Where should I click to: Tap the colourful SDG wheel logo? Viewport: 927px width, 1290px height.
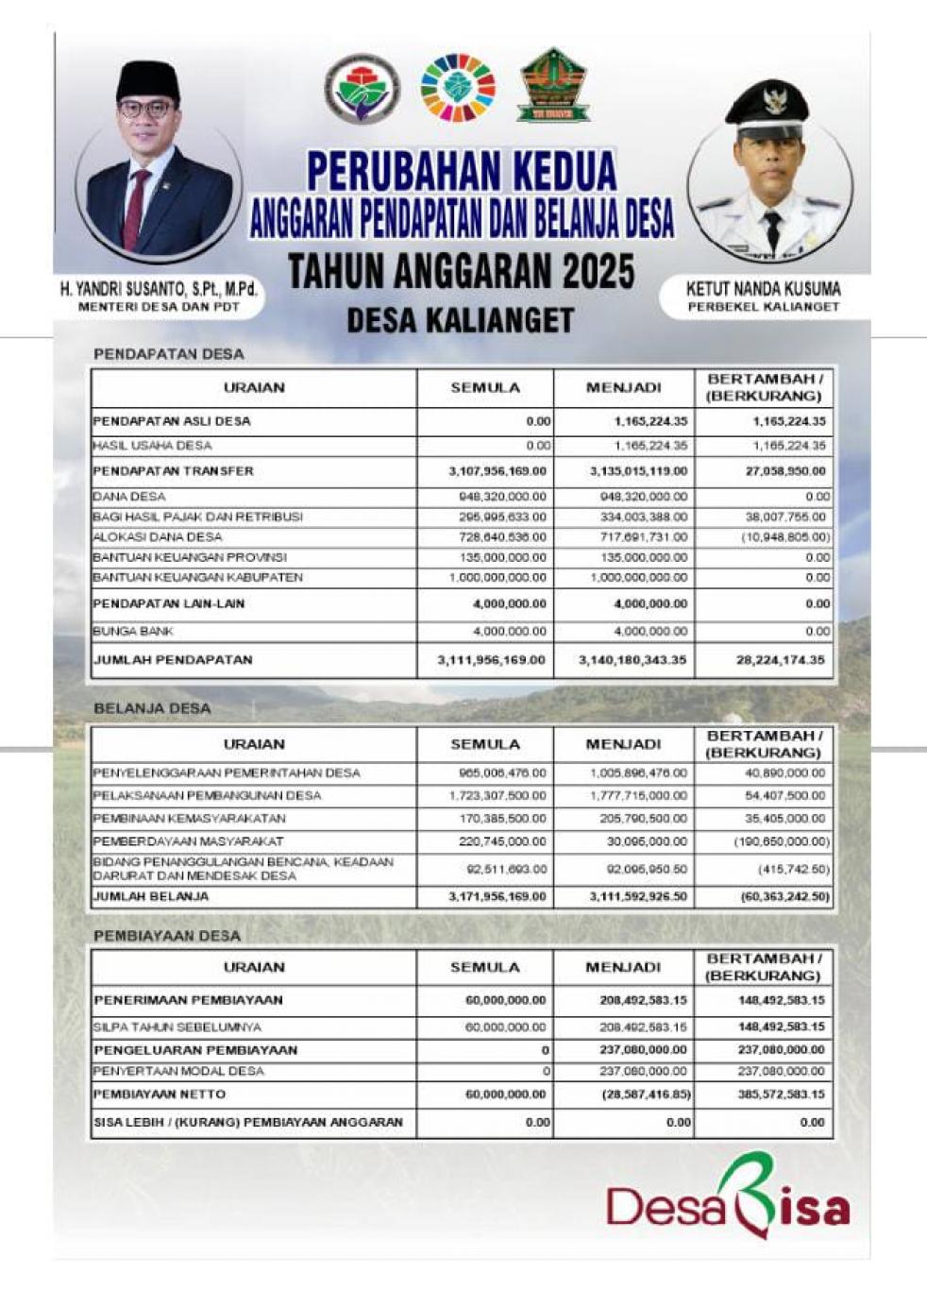458,88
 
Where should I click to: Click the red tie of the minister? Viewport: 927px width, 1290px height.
135,208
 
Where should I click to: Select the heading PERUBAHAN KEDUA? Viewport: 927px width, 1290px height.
462,171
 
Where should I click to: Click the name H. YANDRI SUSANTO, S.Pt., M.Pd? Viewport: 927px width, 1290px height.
159,290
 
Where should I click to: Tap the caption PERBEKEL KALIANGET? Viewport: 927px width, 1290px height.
763,307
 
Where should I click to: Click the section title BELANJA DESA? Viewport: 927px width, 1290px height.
152,708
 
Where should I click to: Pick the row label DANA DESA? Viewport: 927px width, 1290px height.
129,496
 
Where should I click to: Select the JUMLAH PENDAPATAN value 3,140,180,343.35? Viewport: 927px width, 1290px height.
632,660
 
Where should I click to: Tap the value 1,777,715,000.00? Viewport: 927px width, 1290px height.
638,796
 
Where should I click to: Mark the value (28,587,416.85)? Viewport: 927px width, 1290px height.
646,1095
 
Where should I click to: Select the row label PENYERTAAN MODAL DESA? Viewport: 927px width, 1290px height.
178,1071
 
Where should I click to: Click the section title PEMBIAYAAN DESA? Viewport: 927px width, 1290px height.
167,936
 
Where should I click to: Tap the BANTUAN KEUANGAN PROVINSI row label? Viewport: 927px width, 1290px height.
190,557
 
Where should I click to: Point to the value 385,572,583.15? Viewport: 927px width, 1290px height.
782,1095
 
